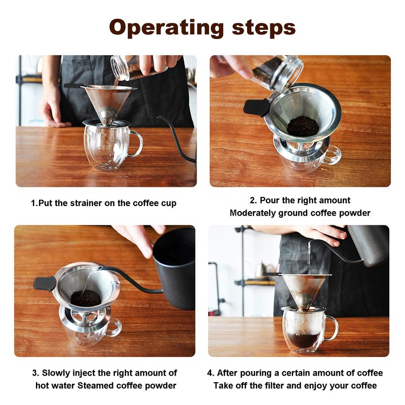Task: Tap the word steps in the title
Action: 261,28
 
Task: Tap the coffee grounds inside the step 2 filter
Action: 303,126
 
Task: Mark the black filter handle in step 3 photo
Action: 45,283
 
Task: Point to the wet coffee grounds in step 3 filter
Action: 86,298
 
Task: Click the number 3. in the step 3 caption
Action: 35,373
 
